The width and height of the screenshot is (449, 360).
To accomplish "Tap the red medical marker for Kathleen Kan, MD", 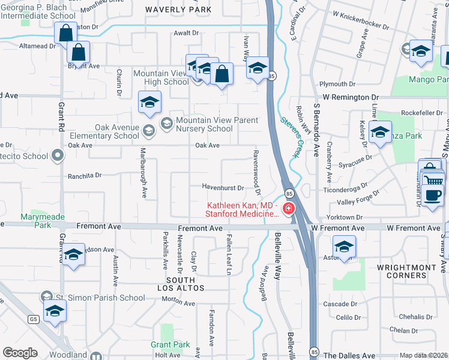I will pos(289,209).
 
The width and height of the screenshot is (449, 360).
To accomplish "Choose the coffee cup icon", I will pos(432,194).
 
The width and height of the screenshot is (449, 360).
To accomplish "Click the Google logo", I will pos(20,353).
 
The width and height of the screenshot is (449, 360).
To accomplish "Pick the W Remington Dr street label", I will pos(351,96).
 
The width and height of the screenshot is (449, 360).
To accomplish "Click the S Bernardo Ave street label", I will pos(316,130).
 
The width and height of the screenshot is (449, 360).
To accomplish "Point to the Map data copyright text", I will pos(424,355).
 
